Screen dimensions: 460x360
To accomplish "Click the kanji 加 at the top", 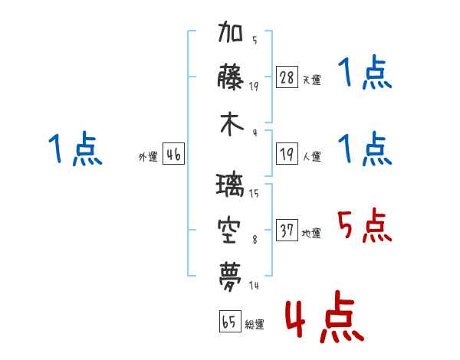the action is [230, 31].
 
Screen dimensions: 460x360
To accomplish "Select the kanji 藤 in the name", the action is [230, 77].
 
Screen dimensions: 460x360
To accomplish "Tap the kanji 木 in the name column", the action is [232, 124].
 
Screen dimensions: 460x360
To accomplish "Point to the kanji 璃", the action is [230, 185].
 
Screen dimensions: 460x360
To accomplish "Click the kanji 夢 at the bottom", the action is [230, 277].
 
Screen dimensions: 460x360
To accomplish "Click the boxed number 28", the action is [287, 77].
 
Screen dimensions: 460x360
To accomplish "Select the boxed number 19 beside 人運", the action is [287, 154].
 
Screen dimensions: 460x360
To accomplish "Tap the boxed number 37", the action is [287, 230].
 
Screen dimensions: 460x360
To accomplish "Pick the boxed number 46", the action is [174, 154].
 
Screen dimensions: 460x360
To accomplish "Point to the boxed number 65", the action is [230, 321].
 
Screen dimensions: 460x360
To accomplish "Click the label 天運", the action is [312, 80].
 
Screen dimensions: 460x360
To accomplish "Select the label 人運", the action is [312, 156].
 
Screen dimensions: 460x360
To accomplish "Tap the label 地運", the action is [311, 233].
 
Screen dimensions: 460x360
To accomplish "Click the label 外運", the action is [148, 156].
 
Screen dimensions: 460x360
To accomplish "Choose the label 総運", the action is [255, 324].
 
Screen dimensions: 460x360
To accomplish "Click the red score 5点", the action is [365, 225].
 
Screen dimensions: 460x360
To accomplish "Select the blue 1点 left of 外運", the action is [75, 149].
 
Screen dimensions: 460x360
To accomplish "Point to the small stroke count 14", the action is [254, 285].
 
